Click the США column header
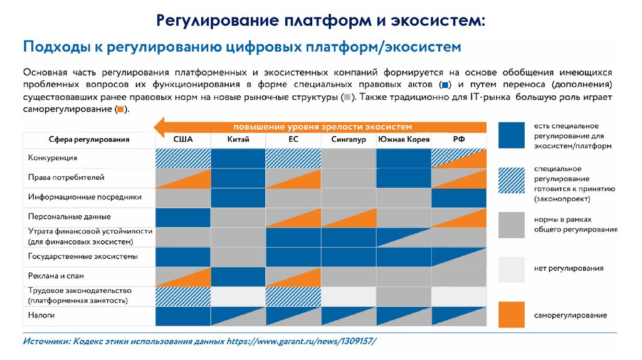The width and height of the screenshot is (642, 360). (182, 139)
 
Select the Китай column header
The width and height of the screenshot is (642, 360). (238, 139)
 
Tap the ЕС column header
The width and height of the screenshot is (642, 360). (293, 139)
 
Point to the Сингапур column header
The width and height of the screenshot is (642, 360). (349, 139)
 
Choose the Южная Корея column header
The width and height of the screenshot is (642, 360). (404, 139)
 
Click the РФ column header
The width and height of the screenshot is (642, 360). (459, 139)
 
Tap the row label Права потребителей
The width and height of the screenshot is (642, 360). (62, 178)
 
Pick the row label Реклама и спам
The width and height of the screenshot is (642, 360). (56, 276)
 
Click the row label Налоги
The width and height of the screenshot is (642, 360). (41, 315)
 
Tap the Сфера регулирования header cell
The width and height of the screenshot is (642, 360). (89, 139)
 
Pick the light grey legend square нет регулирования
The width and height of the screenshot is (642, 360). (511, 269)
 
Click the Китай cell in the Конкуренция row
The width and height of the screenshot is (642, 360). (238, 158)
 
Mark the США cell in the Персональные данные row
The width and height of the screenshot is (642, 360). (182, 217)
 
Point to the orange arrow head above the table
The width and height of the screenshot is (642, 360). (162, 125)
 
